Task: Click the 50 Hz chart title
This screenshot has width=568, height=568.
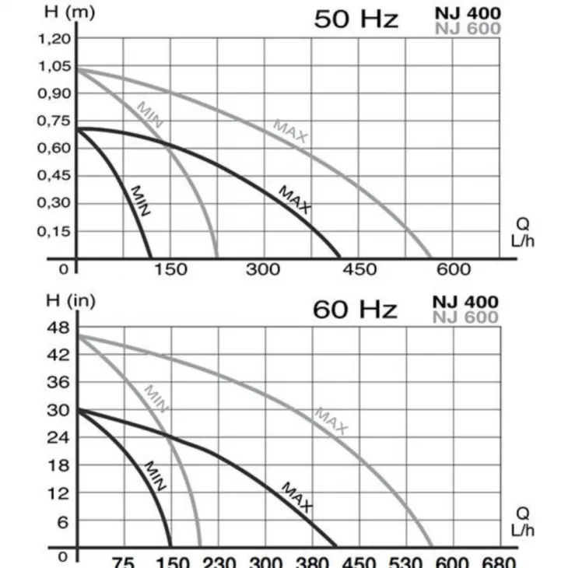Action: (356, 19)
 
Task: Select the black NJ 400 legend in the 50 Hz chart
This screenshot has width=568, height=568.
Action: (468, 12)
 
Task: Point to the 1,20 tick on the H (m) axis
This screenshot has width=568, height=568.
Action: (54, 38)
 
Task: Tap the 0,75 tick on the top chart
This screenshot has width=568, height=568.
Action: (54, 121)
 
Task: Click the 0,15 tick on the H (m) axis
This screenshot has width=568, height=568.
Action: (54, 231)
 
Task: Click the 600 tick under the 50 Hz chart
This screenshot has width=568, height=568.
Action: (453, 270)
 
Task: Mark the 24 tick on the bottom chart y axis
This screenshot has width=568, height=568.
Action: (60, 438)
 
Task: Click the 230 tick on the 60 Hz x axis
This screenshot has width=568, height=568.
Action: (219, 562)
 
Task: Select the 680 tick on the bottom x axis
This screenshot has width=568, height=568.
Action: (498, 562)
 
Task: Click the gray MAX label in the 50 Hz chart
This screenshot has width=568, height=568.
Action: (291, 131)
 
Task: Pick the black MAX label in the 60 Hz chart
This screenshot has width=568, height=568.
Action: (296, 497)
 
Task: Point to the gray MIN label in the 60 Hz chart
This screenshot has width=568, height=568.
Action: (156, 398)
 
